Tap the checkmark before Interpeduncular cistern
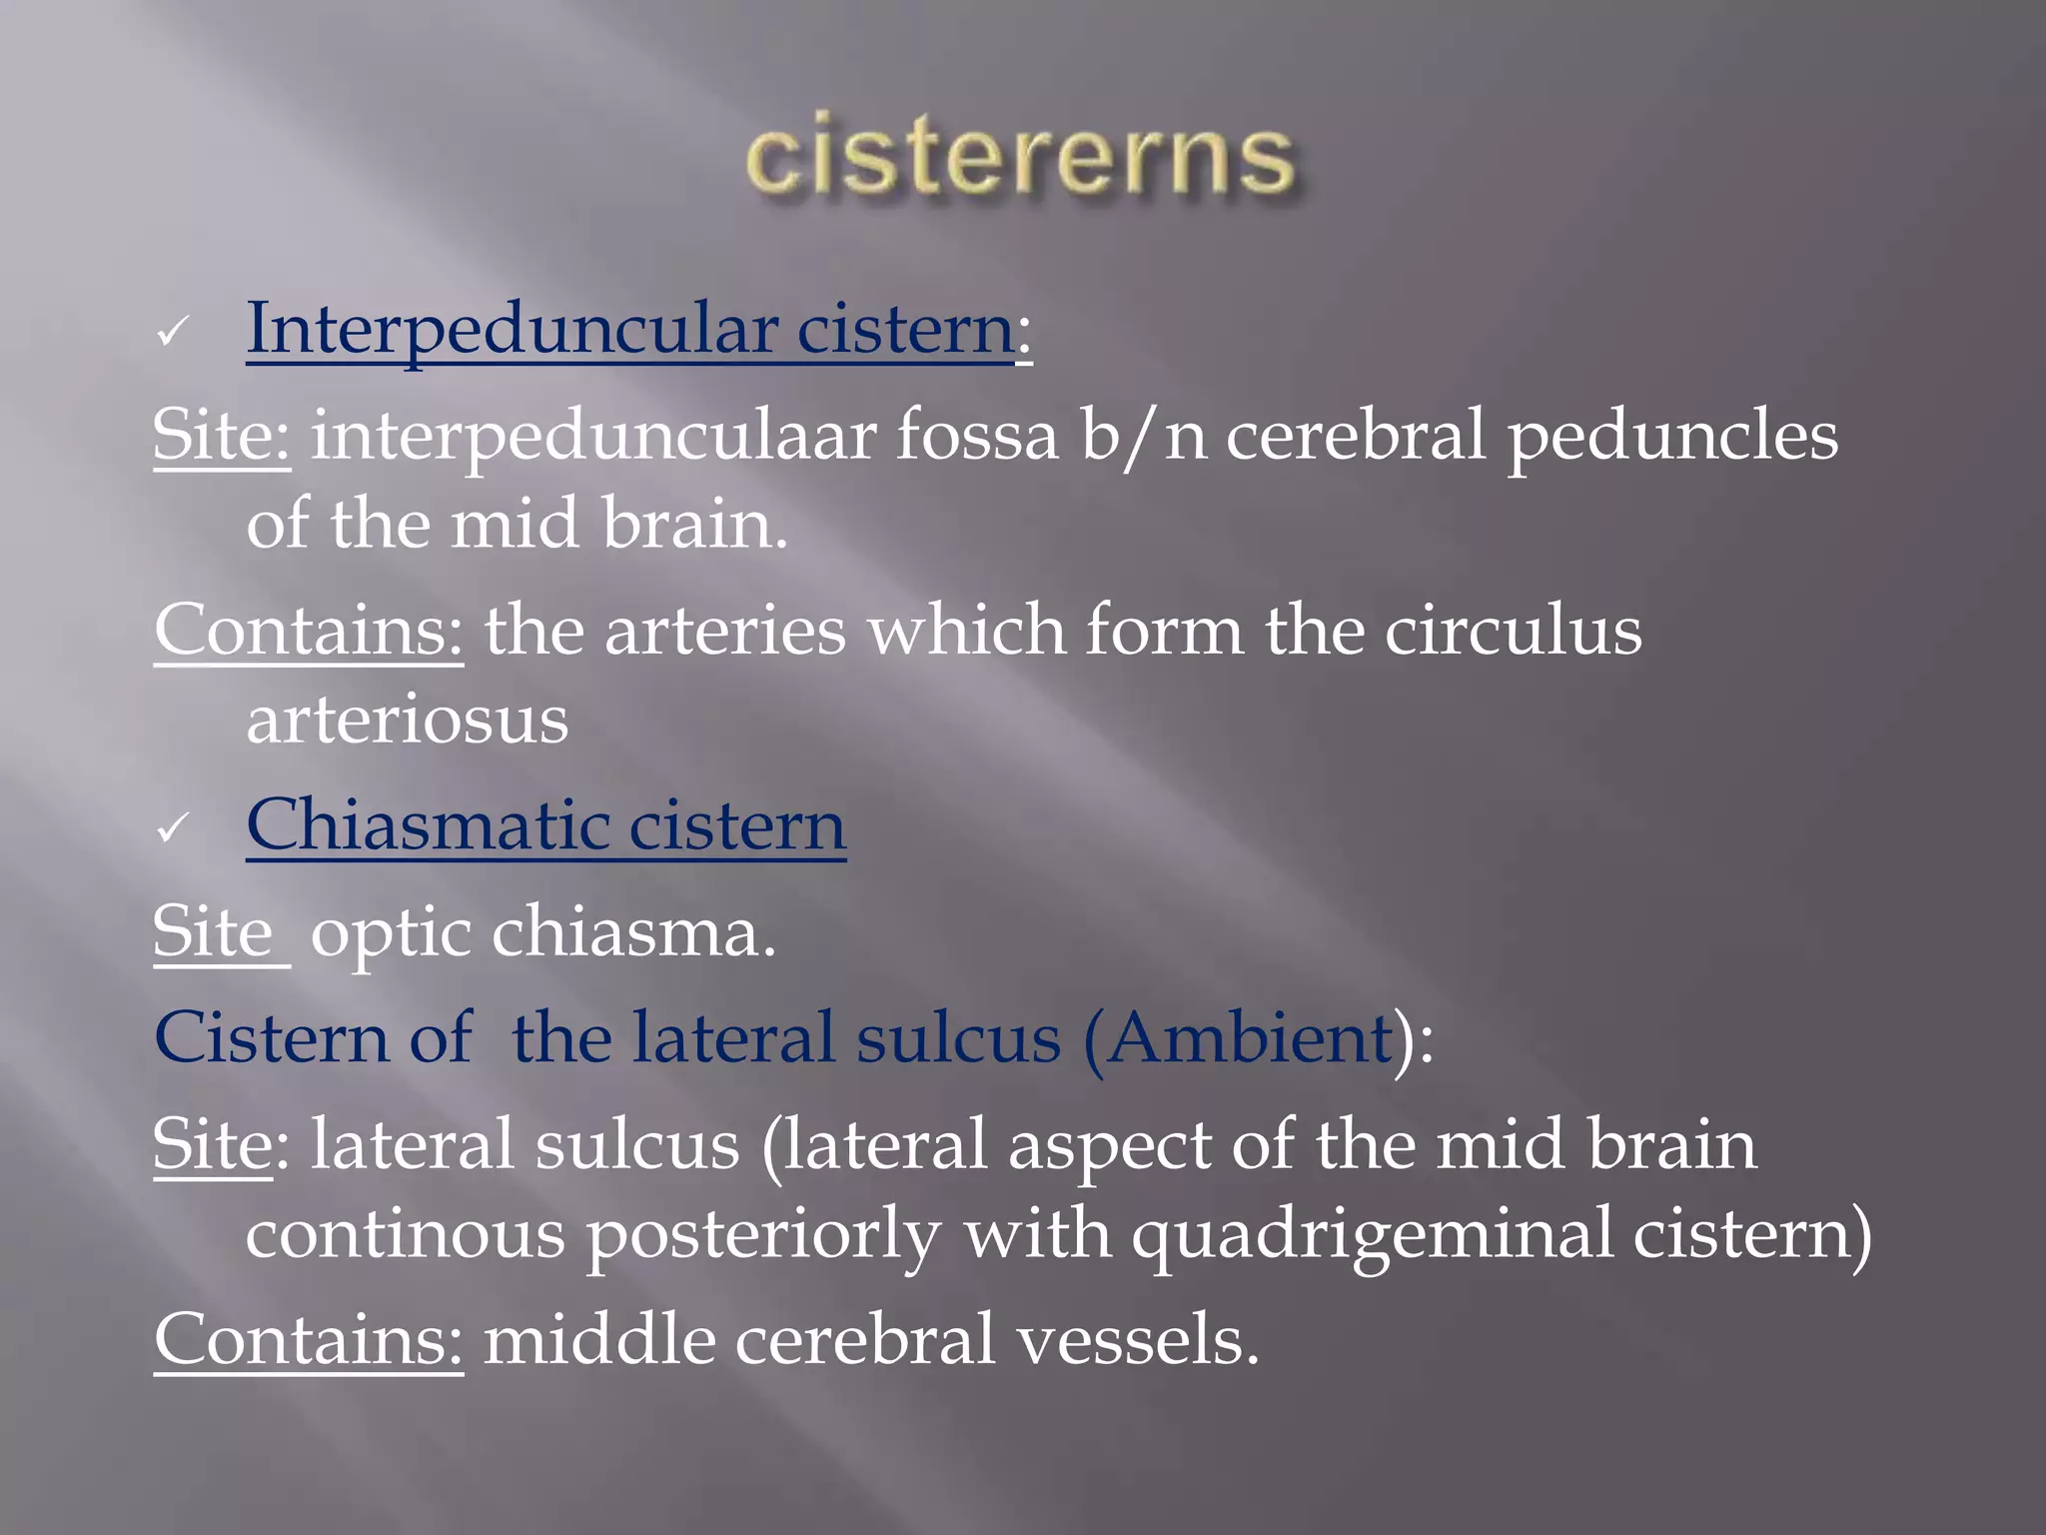pos(172,332)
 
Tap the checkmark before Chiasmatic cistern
pos(172,828)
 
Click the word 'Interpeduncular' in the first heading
pos(511,330)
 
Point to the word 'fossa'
pos(976,436)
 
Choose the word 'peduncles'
pos(1672,438)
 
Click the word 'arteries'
pos(724,632)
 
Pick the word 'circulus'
pos(1513,632)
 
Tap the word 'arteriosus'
pos(408,720)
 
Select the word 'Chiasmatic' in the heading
pos(427,825)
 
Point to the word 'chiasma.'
pos(633,932)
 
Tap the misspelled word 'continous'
pos(405,1234)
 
